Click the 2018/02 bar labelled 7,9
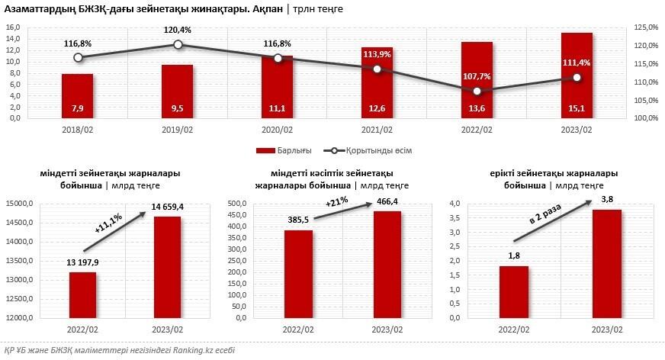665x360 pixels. tap(78, 97)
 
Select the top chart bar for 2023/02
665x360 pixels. tap(577, 76)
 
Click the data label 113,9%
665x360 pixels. tap(377, 54)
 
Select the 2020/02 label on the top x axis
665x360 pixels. tap(278, 131)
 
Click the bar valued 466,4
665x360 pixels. tap(387, 264)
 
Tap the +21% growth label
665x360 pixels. tap(337, 204)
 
